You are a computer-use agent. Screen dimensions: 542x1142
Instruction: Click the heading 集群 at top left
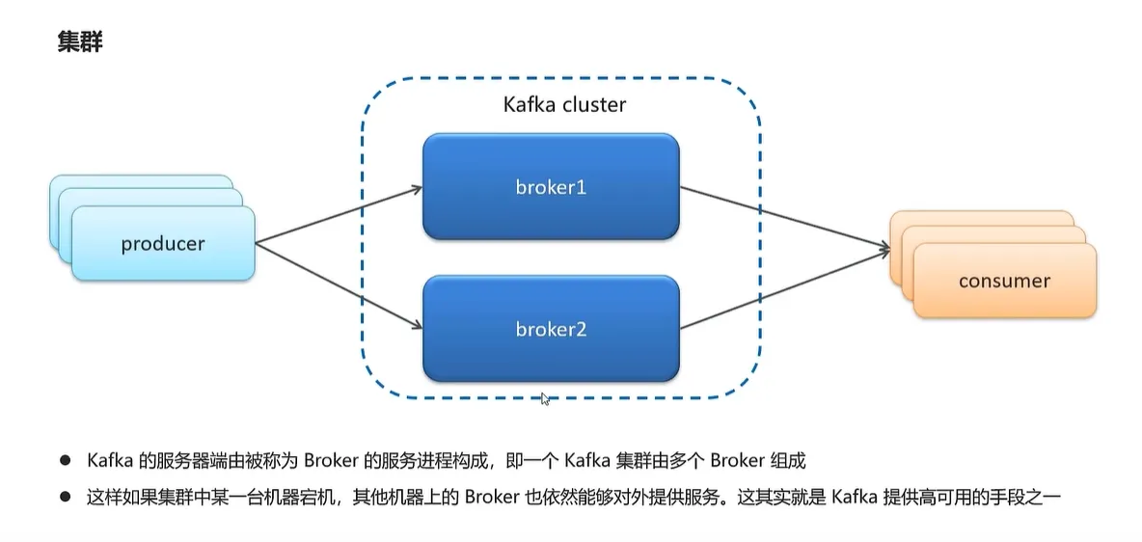[x=80, y=43]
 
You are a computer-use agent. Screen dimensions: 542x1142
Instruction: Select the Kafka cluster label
[x=564, y=104]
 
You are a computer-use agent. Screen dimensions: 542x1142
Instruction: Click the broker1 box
[x=551, y=187]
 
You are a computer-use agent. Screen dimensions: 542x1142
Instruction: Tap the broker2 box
[x=551, y=329]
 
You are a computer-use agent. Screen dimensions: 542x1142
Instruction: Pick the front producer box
[x=163, y=244]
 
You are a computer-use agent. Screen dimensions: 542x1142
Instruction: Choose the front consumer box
[x=1004, y=282]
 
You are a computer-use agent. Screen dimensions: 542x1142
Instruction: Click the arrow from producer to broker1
[x=338, y=214]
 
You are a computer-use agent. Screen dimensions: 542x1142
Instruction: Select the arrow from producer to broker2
[x=338, y=285]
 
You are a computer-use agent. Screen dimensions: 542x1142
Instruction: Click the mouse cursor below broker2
[x=546, y=398]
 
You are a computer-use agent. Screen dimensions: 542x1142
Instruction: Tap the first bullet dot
[x=66, y=461]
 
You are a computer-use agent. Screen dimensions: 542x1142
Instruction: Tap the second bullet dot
[x=66, y=498]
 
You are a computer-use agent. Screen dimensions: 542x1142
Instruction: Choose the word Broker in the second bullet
[x=493, y=498]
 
